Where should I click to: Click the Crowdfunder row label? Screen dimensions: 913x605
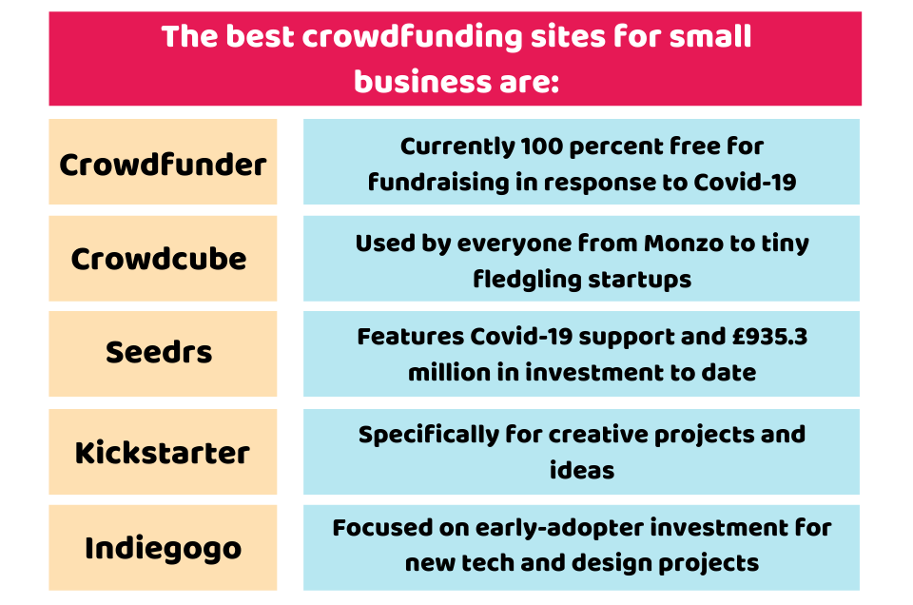tap(163, 165)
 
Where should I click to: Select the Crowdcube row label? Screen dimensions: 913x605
tap(159, 259)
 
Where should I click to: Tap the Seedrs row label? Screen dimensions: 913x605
tap(159, 352)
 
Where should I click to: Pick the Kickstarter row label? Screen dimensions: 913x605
tap(163, 453)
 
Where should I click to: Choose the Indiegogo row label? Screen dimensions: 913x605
tap(163, 549)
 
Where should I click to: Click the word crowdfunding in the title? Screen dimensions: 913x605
tap(412, 37)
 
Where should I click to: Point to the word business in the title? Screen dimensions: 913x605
tap(422, 82)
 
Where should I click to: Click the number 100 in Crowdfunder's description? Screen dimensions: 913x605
tap(541, 146)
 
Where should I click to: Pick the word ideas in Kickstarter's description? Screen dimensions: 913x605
tap(582, 470)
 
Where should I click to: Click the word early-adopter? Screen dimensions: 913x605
tap(559, 529)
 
